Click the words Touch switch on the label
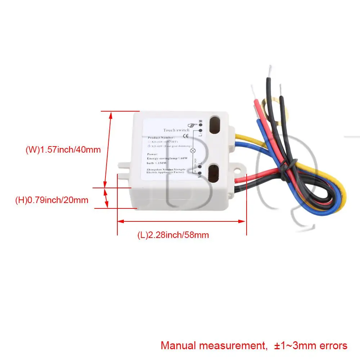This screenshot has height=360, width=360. point(176,130)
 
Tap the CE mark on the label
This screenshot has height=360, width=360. point(186,136)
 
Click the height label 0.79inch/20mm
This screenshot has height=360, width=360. point(51,200)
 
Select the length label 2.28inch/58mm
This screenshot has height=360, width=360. point(173,235)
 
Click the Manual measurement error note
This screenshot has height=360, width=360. point(254,346)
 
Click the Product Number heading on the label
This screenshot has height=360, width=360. point(161,138)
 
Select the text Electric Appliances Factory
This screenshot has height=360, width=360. point(165,172)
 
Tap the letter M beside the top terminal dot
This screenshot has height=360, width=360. point(201,121)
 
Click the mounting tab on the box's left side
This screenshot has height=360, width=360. point(123,166)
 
